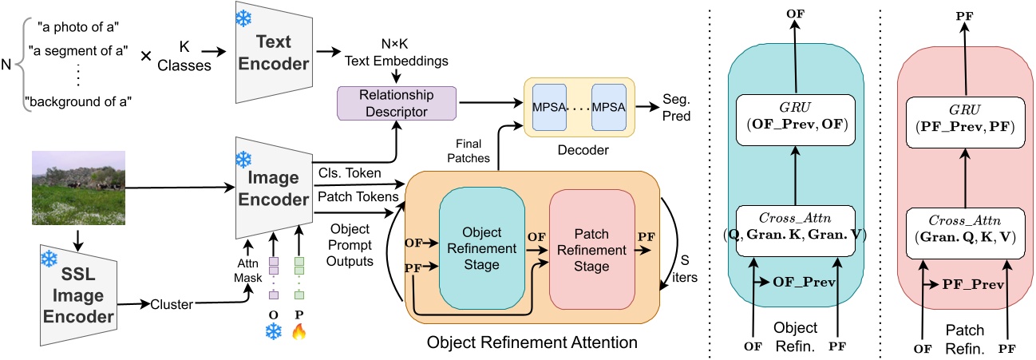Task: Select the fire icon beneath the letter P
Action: pyautogui.click(x=299, y=331)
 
